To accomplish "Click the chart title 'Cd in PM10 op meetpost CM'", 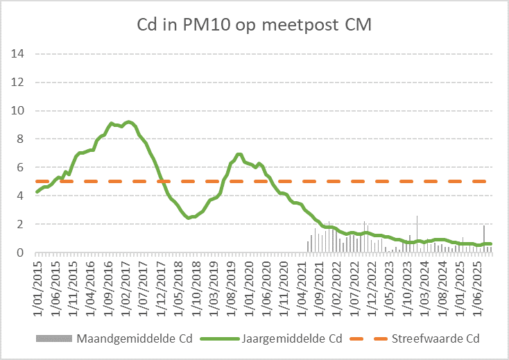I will click(255, 25).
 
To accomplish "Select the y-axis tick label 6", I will click(21, 167).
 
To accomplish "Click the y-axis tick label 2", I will click(21, 224).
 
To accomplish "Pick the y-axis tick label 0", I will click(21, 252).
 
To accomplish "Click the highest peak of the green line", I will click(128, 122).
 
